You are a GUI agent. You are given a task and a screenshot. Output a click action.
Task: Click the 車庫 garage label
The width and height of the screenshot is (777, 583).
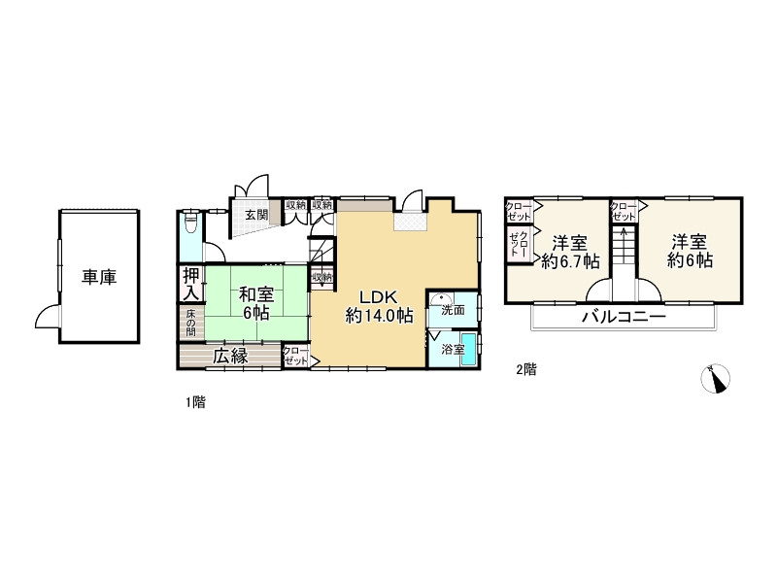[x=99, y=278]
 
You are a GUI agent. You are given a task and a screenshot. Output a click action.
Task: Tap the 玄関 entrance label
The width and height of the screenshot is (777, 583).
[x=256, y=215]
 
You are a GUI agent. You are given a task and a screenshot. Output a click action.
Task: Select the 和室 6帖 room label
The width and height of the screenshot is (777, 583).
[x=256, y=303]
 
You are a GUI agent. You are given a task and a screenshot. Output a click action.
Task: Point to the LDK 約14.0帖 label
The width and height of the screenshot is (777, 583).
[x=379, y=306]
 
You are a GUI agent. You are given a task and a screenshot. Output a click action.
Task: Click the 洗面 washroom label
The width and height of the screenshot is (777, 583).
[x=453, y=311]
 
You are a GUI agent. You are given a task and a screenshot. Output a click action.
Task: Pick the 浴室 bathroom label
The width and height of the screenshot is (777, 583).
[x=453, y=350]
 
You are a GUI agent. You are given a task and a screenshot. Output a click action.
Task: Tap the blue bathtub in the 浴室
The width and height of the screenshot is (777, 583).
[x=469, y=350]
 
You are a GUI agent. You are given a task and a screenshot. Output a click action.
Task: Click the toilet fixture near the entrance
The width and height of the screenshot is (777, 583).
[x=190, y=223]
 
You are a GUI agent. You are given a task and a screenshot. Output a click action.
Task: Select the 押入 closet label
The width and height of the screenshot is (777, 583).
[x=191, y=284]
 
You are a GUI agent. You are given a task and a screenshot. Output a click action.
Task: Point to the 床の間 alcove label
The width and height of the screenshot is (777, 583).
[x=190, y=324]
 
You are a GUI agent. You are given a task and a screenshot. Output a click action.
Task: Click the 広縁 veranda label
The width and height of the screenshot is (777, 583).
[x=230, y=356]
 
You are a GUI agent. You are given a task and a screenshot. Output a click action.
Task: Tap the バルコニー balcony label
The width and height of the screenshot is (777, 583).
[x=624, y=317]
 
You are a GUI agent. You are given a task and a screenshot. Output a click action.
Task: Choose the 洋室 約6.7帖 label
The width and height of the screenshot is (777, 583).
[x=570, y=252]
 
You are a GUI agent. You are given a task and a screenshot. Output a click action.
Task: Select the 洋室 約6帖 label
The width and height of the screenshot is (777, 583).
[x=690, y=252]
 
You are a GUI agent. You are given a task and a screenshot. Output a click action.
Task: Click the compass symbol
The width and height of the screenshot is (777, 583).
[x=716, y=379]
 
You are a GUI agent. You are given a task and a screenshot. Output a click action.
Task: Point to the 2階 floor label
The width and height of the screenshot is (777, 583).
[x=526, y=369]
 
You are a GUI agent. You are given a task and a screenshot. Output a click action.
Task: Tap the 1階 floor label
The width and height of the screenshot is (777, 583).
[x=196, y=402]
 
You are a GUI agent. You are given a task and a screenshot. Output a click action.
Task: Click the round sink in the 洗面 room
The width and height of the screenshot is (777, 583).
[x=439, y=299]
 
